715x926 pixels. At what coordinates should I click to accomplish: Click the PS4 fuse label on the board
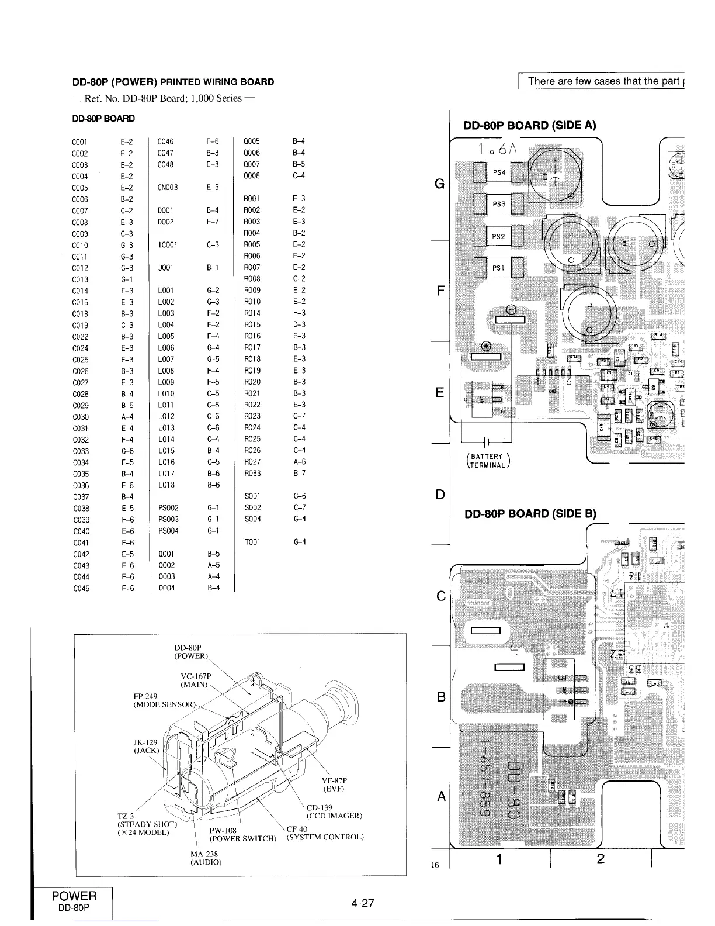(x=499, y=172)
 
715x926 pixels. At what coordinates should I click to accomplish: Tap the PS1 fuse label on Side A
(x=499, y=269)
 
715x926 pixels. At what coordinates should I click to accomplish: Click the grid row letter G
(x=440, y=185)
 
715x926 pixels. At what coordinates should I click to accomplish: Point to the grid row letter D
(x=441, y=495)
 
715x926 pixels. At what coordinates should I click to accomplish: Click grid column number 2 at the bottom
(x=601, y=859)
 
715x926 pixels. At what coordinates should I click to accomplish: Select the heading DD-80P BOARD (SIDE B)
(x=530, y=514)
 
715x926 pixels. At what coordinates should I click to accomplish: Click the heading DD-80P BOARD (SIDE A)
(x=530, y=125)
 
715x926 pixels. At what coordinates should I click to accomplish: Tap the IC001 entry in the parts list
(x=167, y=245)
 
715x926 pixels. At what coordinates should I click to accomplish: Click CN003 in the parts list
(x=167, y=188)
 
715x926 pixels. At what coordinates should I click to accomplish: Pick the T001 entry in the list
(x=253, y=542)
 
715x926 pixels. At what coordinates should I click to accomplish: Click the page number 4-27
(x=362, y=903)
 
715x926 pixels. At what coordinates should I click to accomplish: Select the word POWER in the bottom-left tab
(x=74, y=896)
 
